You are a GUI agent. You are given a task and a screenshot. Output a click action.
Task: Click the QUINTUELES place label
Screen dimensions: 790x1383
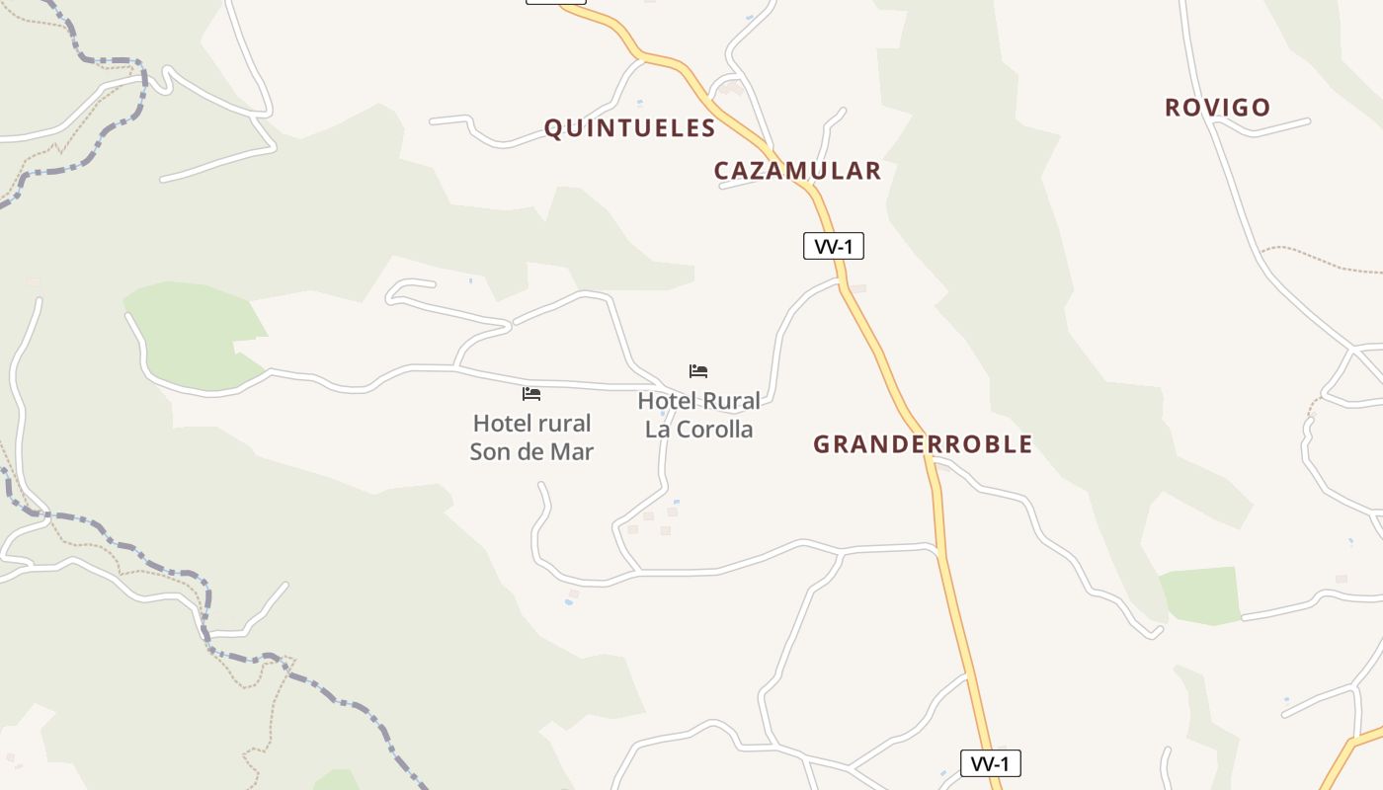629,128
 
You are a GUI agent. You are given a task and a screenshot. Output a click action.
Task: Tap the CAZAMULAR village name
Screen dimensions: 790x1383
797,171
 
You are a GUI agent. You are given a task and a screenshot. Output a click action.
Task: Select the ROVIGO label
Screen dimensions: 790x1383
1217,108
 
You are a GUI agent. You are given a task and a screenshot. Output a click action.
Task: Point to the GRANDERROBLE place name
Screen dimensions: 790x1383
923,444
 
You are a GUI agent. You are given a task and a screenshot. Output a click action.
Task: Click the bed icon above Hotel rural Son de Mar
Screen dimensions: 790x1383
531,394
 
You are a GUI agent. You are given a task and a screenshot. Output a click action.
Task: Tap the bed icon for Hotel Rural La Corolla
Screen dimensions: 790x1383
698,371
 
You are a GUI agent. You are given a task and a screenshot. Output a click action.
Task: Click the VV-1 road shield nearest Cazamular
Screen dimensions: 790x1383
834,246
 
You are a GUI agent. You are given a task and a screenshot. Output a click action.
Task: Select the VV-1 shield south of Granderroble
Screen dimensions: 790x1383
990,763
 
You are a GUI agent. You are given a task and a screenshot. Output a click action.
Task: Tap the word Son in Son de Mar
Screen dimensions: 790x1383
490,452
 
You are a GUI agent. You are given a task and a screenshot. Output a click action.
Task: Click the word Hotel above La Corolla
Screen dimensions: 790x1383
669,401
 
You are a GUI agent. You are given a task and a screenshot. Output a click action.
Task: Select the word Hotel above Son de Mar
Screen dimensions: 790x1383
504,424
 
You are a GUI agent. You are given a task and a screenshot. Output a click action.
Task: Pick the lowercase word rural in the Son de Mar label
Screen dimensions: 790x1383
566,424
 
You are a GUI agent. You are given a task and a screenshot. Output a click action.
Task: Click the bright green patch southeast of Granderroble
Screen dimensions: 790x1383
1200,595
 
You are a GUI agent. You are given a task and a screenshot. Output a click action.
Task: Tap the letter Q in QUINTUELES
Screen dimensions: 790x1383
553,128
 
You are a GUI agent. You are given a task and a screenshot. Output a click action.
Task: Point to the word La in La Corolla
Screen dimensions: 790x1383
658,430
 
